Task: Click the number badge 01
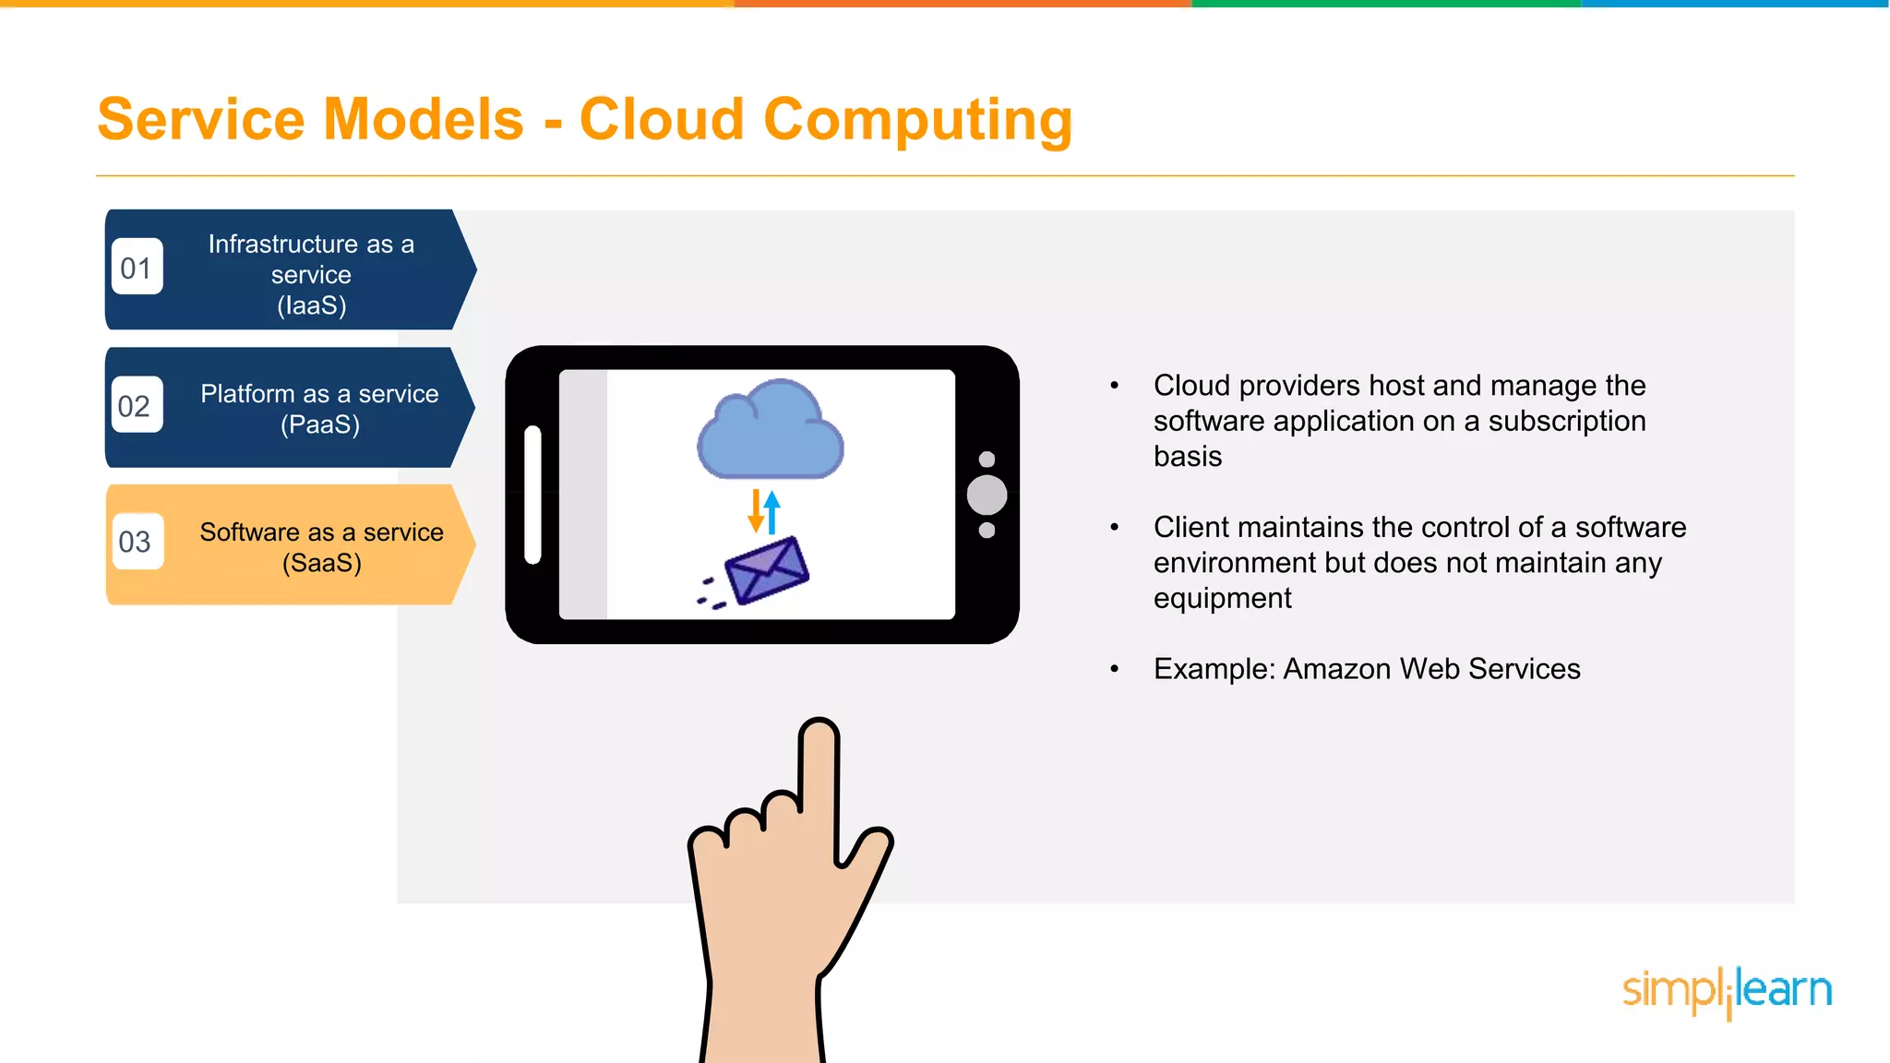coord(137,268)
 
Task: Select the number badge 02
coord(135,406)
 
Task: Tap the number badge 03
coord(135,542)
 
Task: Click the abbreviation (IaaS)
coord(312,305)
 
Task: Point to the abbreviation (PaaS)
coord(320,424)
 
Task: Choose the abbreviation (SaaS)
coord(322,563)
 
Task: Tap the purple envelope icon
coord(766,570)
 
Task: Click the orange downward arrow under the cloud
coord(756,512)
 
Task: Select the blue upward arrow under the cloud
coord(772,512)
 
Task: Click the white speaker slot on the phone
coord(532,495)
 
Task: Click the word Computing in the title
coord(917,120)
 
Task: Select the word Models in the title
coord(424,120)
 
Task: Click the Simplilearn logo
coord(1727,991)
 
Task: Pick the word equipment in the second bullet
coord(1222,599)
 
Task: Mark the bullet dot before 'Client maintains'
coord(1115,528)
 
